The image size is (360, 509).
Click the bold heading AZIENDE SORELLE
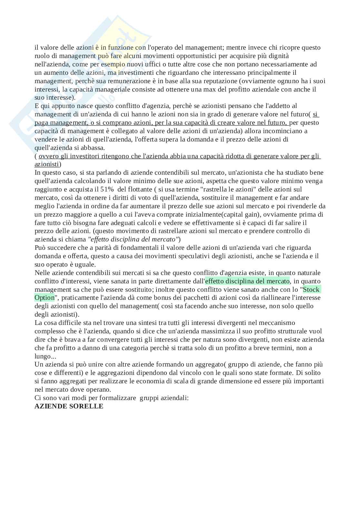[69, 406]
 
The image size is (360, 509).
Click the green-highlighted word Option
[45, 298]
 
